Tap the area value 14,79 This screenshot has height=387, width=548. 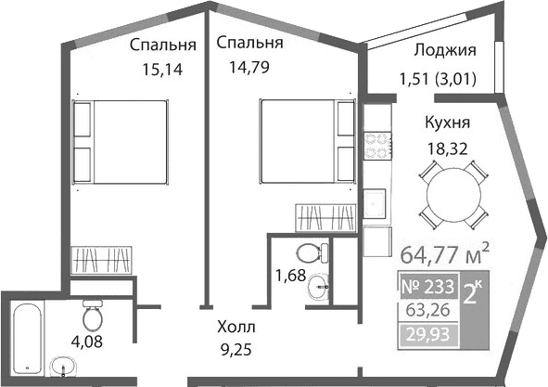point(249,66)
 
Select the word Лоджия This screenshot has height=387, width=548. point(444,51)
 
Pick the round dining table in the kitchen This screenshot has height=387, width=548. point(449,195)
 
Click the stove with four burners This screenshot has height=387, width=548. point(377,146)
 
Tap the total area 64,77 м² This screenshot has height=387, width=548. point(444,252)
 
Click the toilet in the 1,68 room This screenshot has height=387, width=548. point(310,252)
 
